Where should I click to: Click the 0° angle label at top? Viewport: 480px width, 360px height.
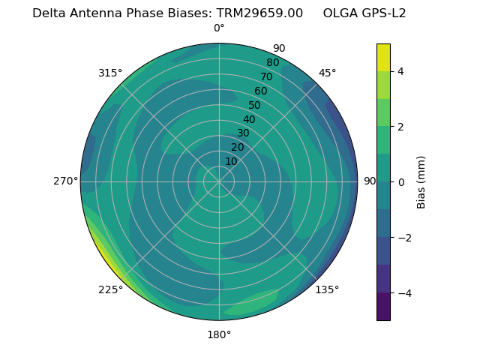point(219,28)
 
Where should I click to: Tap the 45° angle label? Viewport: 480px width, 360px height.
point(327,73)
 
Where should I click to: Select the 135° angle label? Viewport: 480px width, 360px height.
point(327,290)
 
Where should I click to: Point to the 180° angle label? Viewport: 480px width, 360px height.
point(219,334)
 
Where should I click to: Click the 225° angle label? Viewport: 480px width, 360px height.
point(110,290)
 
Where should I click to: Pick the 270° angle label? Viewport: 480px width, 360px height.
point(66,181)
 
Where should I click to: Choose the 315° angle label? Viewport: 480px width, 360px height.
point(110,73)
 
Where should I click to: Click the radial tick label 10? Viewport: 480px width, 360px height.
point(231,161)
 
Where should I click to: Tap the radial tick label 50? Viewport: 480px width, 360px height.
point(254,106)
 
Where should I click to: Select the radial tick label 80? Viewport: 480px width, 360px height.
point(272,63)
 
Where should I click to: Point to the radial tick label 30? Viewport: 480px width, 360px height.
point(243,133)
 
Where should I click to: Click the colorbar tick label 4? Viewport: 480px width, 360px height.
point(401,71)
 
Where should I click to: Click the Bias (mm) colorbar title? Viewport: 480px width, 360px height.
point(421,182)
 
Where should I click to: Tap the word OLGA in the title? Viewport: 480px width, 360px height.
point(340,13)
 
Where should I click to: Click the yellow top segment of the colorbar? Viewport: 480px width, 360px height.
point(383,57)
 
